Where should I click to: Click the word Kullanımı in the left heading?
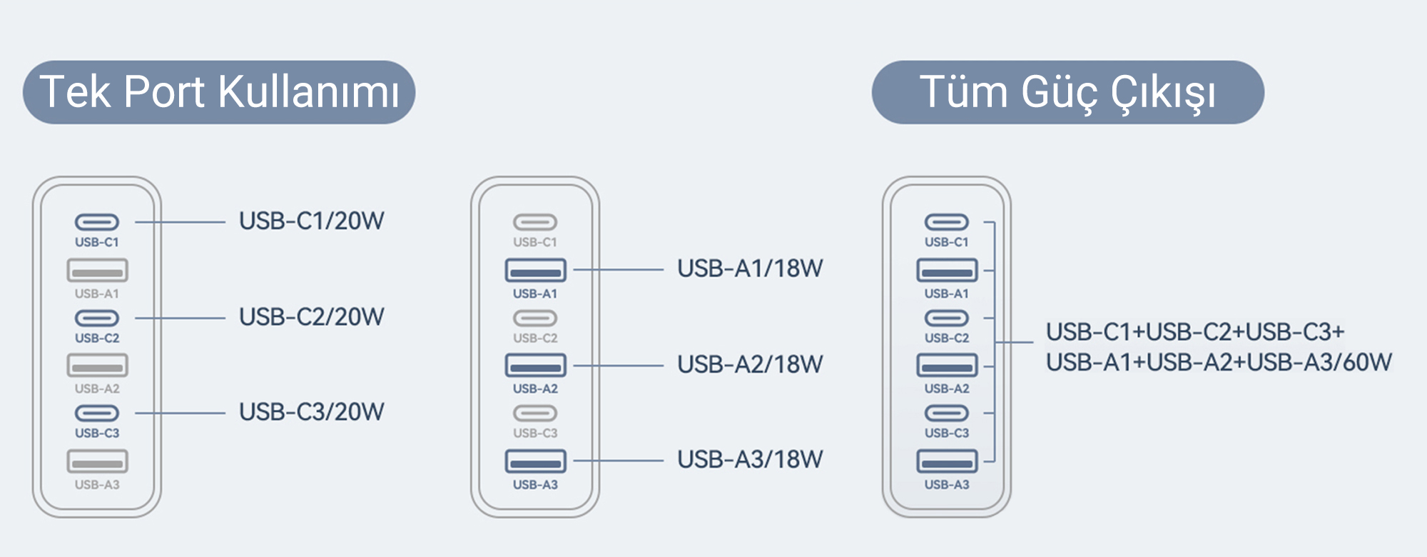coord(308,92)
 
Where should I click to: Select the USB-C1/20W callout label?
coord(312,221)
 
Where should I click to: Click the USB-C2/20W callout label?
coord(312,316)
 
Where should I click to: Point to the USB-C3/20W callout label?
coord(312,411)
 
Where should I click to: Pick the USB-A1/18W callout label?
coord(750,269)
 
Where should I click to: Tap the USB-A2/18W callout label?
coord(750,364)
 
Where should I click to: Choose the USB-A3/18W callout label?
coord(750,459)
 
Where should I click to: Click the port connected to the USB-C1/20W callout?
coord(97,222)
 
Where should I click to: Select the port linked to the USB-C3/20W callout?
coord(97,413)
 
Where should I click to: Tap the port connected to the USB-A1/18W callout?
coord(535,270)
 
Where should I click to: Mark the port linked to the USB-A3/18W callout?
coord(535,461)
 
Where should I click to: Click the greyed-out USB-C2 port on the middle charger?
coord(535,318)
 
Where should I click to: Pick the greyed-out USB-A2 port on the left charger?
coord(97,366)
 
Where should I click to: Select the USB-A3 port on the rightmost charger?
coord(947,461)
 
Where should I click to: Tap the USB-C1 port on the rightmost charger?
coord(947,222)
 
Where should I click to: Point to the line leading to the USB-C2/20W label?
coord(180,318)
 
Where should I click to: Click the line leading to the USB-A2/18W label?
coord(618,366)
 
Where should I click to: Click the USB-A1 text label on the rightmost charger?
coord(947,293)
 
